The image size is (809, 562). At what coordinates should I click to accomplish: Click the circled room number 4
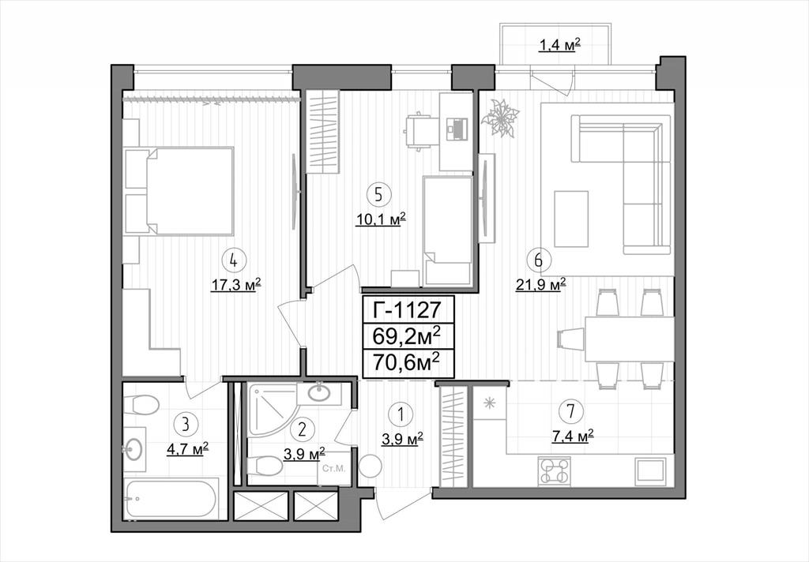tap(234, 261)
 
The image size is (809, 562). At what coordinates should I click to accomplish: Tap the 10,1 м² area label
tap(382, 219)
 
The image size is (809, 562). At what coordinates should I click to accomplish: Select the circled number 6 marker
tap(539, 260)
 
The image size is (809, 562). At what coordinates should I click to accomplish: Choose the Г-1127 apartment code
tap(408, 310)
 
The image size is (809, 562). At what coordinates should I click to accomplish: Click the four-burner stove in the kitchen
tap(555, 471)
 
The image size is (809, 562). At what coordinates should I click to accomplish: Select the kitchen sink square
tap(651, 471)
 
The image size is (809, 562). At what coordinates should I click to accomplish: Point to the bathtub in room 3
tap(171, 499)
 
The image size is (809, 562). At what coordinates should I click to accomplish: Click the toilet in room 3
tap(141, 404)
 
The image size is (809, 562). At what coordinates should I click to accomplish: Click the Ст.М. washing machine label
tap(333, 469)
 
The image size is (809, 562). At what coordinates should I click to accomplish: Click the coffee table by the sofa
tap(571, 219)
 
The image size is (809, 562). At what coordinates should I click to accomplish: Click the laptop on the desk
tap(457, 129)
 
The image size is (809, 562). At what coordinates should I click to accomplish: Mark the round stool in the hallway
tap(370, 468)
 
